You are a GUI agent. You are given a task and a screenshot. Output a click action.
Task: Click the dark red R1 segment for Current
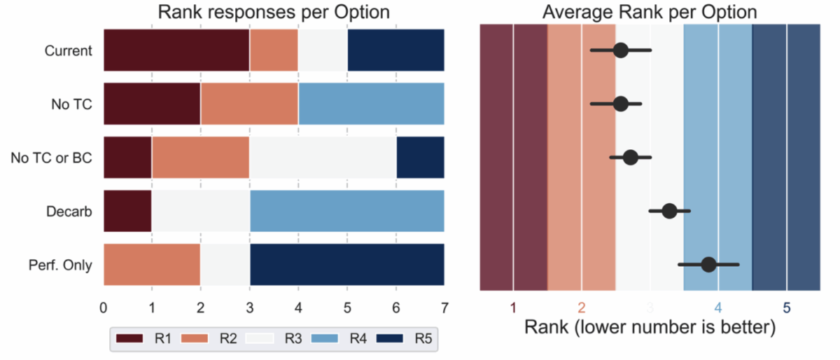tap(176, 50)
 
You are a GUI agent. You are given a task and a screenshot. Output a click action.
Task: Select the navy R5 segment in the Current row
tap(395, 50)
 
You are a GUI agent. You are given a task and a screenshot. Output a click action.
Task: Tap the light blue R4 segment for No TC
tap(371, 104)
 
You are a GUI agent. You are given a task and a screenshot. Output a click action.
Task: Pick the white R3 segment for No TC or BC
tap(323, 157)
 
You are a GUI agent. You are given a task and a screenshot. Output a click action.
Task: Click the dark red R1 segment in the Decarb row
tap(127, 211)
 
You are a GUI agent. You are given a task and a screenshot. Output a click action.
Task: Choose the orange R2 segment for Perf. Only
tap(152, 264)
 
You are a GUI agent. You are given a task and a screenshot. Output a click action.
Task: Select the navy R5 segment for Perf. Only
tap(346, 264)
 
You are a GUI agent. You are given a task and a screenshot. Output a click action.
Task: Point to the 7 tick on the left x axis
tap(444, 307)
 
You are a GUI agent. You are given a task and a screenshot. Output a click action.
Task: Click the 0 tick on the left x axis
tap(104, 307)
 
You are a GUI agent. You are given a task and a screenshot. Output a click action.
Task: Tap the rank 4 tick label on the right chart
tap(718, 307)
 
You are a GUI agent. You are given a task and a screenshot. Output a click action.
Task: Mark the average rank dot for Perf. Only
tap(708, 264)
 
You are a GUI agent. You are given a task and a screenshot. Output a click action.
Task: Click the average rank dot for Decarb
tap(669, 211)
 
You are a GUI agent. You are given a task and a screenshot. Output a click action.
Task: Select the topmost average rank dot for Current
tap(620, 50)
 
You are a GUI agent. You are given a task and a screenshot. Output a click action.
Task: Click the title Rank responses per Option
tap(274, 13)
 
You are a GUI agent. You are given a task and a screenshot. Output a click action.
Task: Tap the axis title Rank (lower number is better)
tap(650, 328)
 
